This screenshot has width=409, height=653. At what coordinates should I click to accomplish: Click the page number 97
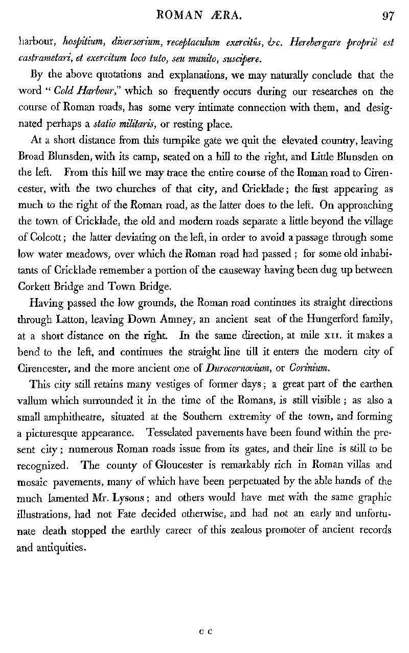pos(388,16)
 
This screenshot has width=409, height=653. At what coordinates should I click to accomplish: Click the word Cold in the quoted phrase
pos(66,92)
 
